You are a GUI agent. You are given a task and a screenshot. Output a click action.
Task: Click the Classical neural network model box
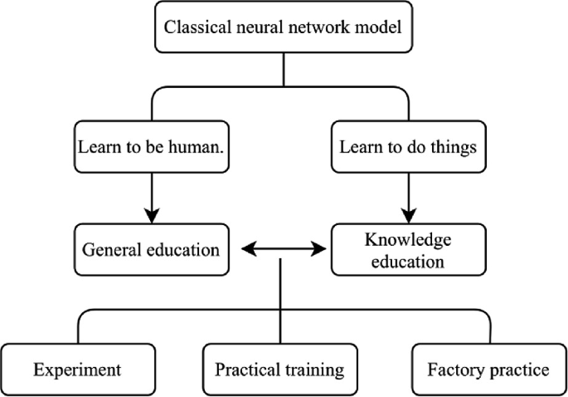(284, 28)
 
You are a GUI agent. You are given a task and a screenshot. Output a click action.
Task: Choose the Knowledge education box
(406, 249)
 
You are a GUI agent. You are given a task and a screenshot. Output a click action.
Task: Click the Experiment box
(77, 368)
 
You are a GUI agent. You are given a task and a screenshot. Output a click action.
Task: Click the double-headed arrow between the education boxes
(281, 248)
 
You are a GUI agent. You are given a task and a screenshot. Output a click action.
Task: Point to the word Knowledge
(406, 239)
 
